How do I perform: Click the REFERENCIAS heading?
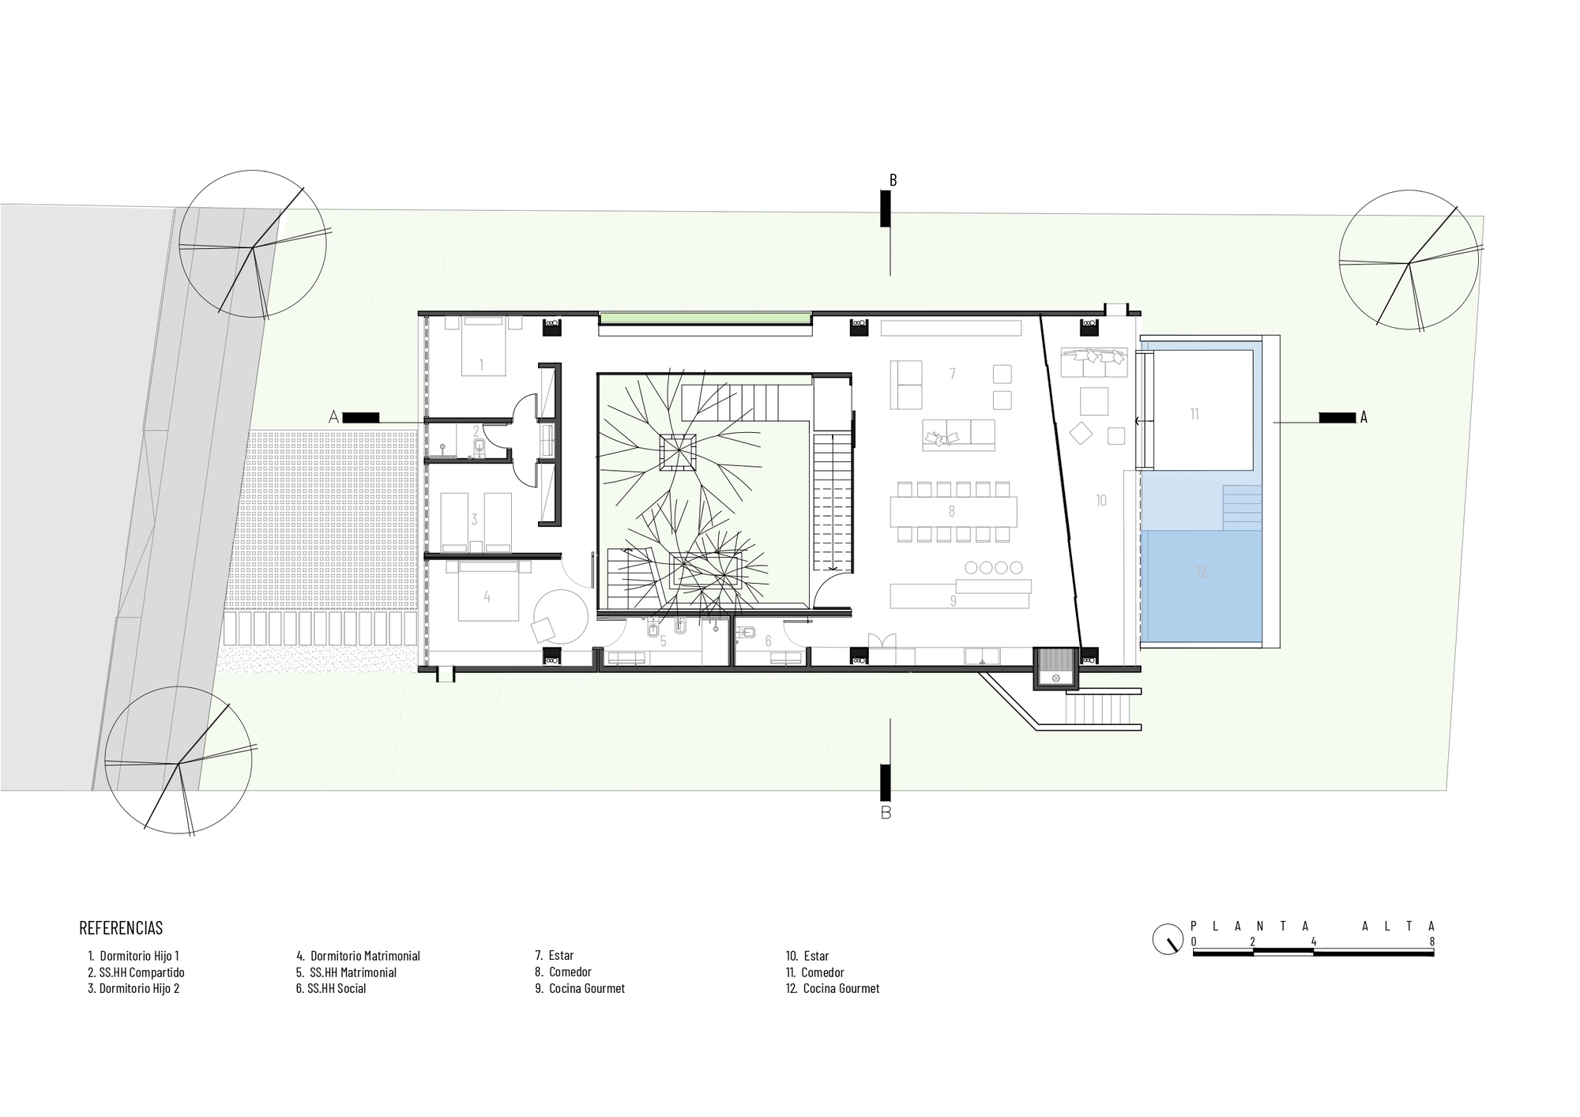[x=121, y=927]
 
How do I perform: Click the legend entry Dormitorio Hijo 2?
[x=134, y=988]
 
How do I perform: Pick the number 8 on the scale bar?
[x=1431, y=942]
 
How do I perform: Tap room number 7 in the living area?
[x=953, y=373]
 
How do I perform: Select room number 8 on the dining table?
[x=952, y=511]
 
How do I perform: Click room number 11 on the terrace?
[x=1194, y=413]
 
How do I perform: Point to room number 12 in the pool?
[x=1201, y=572]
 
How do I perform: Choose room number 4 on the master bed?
[x=487, y=597]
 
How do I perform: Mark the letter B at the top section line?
[x=893, y=180]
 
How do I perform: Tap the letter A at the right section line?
[x=1363, y=417]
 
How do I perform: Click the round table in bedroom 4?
[x=559, y=615]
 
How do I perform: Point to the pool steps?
[x=1241, y=506]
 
